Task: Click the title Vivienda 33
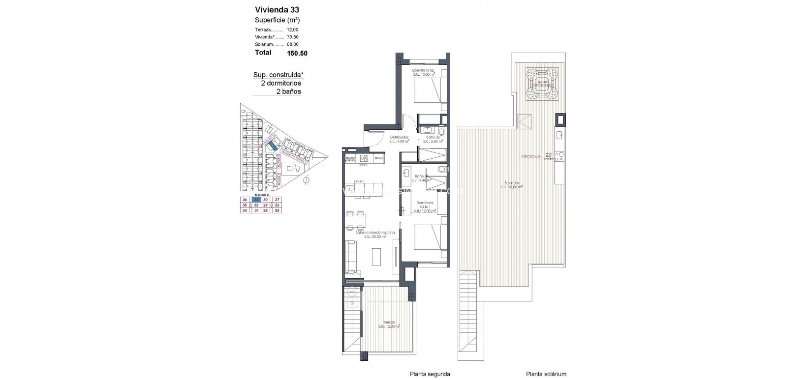pyautogui.click(x=276, y=9)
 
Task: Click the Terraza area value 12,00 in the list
pyautogui.click(x=292, y=30)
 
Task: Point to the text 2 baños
pyautogui.click(x=288, y=91)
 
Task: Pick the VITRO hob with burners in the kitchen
pyautogui.click(x=364, y=158)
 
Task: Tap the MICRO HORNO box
pyautogui.click(x=350, y=159)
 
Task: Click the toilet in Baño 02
pyautogui.click(x=441, y=132)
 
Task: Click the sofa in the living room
pyautogui.click(x=352, y=256)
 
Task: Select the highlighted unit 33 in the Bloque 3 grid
pyautogui.click(x=256, y=200)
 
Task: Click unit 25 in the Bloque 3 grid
pyautogui.click(x=277, y=210)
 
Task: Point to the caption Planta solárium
pyautogui.click(x=546, y=374)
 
